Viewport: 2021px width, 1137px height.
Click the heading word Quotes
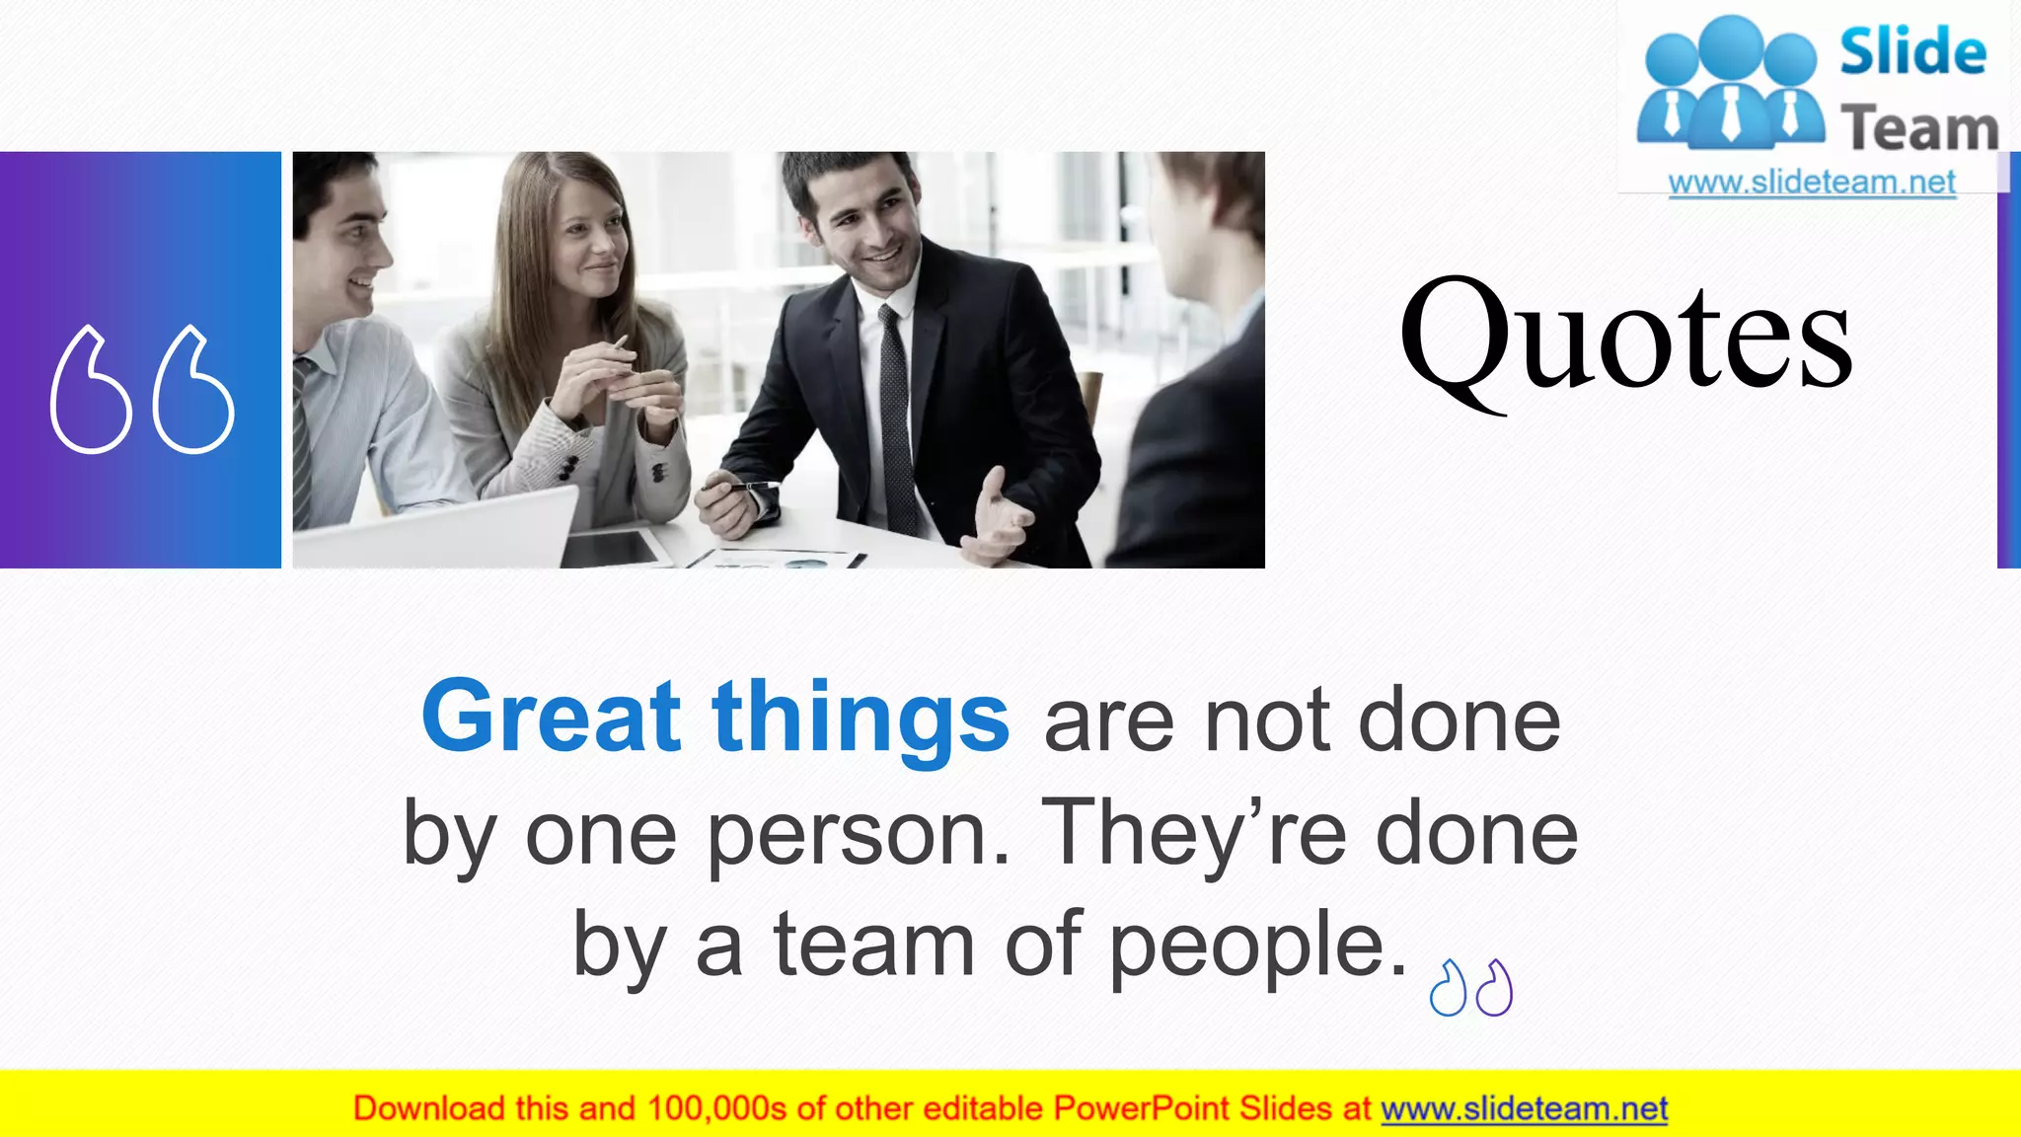pyautogui.click(x=1625, y=336)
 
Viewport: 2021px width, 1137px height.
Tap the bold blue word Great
pyautogui.click(x=551, y=717)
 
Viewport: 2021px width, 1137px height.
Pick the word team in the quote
pyautogui.click(x=874, y=945)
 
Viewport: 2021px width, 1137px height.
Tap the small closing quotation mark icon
pyautogui.click(x=1470, y=988)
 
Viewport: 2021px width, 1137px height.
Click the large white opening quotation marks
pyautogui.click(x=142, y=389)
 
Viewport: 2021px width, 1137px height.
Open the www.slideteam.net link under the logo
pyautogui.click(x=1812, y=183)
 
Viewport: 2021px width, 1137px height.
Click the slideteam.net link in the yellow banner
pyautogui.click(x=1524, y=1109)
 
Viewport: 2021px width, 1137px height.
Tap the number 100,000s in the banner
pyautogui.click(x=717, y=1109)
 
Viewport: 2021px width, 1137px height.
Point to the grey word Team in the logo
pyautogui.click(x=1918, y=129)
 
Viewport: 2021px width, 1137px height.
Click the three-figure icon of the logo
pyautogui.click(x=1730, y=84)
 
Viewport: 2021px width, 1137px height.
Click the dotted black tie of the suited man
pyautogui.click(x=896, y=415)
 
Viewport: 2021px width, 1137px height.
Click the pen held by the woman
pyautogui.click(x=620, y=344)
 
